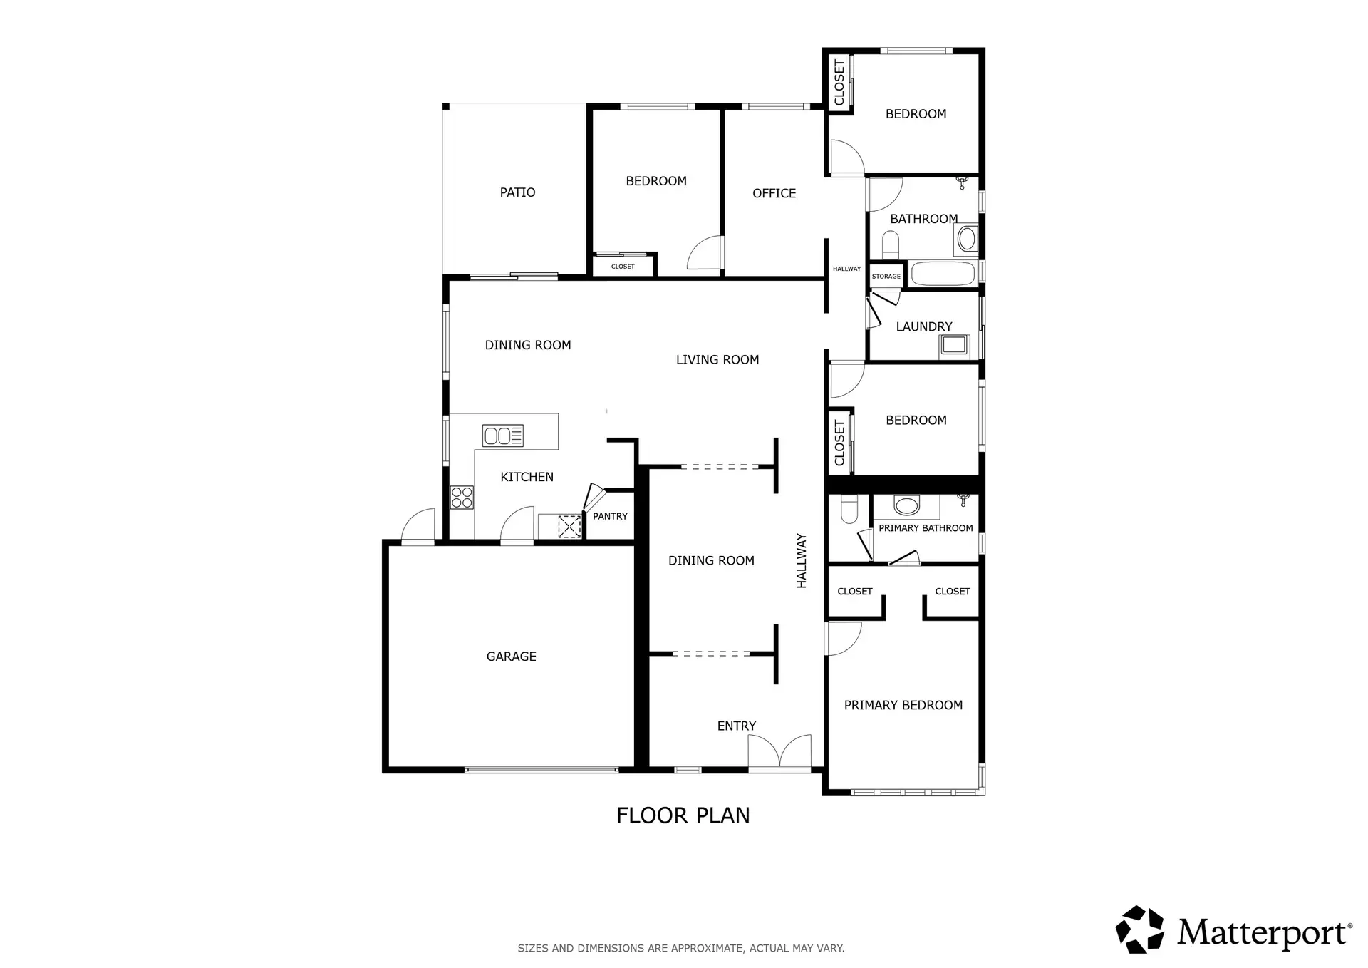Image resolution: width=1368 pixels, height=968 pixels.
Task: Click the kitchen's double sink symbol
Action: tap(503, 436)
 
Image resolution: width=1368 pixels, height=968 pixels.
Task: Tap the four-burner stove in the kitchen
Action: tap(462, 497)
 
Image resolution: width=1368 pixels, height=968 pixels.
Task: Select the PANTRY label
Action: tap(610, 516)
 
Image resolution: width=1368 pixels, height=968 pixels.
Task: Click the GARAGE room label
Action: tap(511, 657)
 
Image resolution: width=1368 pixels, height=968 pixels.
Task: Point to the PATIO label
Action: tap(517, 192)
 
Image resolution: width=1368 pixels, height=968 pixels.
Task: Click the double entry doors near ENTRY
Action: tap(779, 752)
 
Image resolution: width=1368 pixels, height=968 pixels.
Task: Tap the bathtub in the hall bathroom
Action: tap(943, 274)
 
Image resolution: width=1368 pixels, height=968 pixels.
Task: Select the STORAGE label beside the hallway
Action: tap(886, 277)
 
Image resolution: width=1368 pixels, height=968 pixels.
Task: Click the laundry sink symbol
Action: tap(953, 345)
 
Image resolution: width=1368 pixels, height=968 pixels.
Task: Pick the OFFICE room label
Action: tap(774, 193)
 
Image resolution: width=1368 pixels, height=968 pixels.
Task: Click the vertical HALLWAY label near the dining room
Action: tap(802, 561)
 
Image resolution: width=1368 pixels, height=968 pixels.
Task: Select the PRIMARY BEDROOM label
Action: tap(903, 705)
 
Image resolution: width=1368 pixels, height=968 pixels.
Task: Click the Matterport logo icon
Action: tap(1140, 930)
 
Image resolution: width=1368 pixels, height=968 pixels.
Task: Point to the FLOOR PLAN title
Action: tap(683, 815)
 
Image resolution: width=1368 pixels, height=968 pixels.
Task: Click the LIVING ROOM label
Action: tap(717, 360)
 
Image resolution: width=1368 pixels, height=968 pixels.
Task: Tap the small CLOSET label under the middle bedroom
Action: tap(623, 267)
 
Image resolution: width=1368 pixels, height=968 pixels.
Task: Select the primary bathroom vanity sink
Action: tap(906, 505)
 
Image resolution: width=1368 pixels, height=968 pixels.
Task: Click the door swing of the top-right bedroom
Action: tap(845, 158)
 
